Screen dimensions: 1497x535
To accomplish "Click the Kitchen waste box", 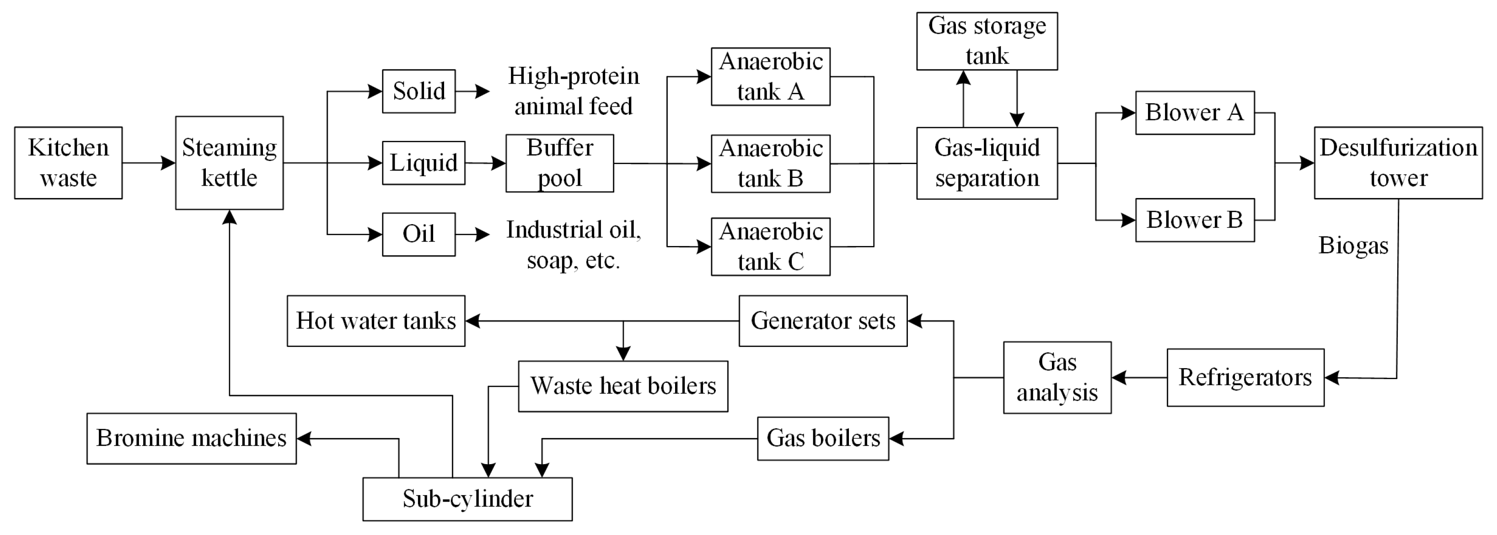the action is (x=68, y=163).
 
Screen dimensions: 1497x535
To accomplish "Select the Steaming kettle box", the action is (x=229, y=163).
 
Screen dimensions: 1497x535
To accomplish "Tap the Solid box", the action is (x=419, y=91).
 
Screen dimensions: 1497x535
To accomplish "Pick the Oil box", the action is (x=419, y=234).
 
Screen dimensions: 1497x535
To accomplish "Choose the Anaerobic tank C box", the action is (x=770, y=246).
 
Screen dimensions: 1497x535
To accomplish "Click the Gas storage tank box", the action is (x=986, y=41).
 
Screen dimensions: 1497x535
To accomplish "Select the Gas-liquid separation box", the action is (x=986, y=163).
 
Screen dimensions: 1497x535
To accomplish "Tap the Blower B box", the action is (x=1194, y=220).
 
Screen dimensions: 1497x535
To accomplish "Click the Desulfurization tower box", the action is (x=1398, y=163).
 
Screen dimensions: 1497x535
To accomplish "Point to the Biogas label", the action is (x=1353, y=245).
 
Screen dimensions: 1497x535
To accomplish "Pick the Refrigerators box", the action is (x=1245, y=378).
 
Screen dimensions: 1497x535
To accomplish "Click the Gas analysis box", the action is (x=1057, y=378).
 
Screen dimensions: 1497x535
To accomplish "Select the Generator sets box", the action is (x=822, y=321).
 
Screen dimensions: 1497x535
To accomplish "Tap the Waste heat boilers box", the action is (x=622, y=386).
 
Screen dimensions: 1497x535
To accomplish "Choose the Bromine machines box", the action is (x=191, y=438).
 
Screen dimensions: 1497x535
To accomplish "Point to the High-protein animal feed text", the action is (x=573, y=91).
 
